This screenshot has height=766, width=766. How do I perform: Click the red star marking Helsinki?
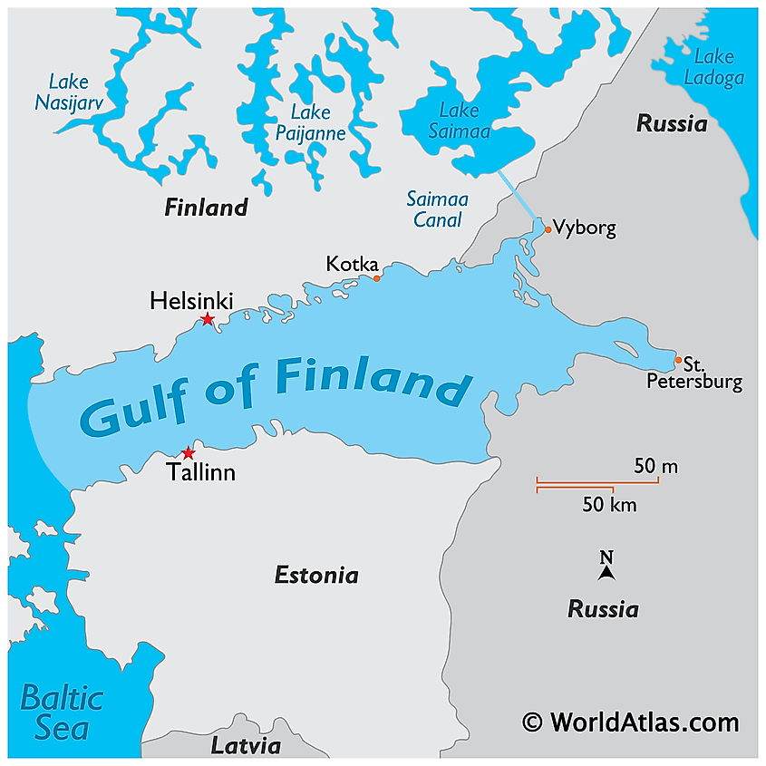[208, 319]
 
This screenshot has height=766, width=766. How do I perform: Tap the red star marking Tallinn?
[188, 453]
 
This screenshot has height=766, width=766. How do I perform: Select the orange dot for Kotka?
[377, 278]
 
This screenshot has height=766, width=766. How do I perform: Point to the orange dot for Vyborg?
[548, 229]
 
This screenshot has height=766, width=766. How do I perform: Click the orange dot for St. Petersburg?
[678, 361]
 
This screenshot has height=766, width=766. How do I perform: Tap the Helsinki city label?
[191, 300]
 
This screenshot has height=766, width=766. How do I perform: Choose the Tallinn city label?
[200, 471]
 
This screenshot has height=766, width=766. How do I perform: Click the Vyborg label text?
[585, 228]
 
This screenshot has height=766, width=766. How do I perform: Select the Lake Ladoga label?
[713, 67]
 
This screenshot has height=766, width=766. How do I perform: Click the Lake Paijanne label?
[310, 122]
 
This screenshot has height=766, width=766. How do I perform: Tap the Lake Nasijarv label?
[69, 92]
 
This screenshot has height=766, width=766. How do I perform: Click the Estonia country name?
[316, 575]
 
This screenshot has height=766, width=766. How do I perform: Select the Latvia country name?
[246, 746]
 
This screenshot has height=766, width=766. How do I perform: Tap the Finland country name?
[206, 208]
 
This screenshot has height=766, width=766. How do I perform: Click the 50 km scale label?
[609, 505]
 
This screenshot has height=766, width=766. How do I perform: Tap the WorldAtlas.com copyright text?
[631, 722]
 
